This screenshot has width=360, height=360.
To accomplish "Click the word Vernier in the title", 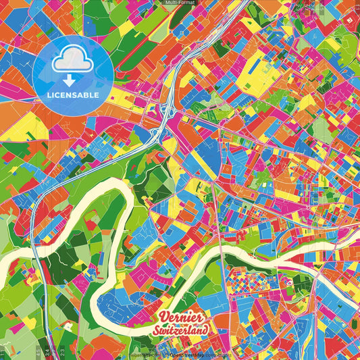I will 180,318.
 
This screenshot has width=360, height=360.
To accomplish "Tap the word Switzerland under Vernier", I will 181,330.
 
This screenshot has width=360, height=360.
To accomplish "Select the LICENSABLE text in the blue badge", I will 72,95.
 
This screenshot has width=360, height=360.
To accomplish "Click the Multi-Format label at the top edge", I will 180,3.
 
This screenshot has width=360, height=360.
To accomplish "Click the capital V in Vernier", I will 163,317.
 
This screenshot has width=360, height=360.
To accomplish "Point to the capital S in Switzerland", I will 157,330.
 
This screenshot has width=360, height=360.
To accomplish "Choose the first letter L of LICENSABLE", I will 49,95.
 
